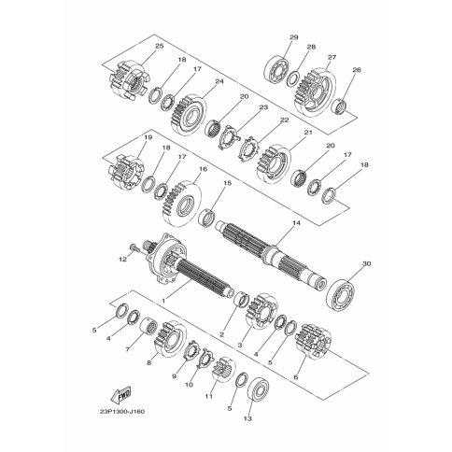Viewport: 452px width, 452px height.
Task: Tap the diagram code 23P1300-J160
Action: coord(122,412)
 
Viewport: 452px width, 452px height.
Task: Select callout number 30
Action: coord(367,263)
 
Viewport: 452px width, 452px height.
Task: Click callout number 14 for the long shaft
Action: coord(296,223)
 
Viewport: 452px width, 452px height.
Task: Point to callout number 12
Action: coord(123,259)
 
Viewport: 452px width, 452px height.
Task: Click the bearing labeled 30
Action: coord(340,294)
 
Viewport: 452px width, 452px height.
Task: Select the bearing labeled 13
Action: coord(258,393)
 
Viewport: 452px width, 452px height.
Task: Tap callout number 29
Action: coord(294,37)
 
